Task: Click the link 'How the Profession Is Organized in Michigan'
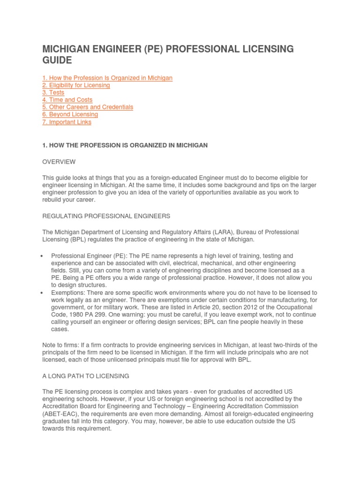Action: point(107,78)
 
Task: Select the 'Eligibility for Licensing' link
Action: point(76,85)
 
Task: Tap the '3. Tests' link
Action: point(53,93)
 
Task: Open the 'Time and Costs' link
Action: point(67,100)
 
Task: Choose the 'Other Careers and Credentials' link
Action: point(88,107)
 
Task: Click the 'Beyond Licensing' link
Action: point(70,114)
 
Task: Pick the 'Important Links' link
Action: point(67,122)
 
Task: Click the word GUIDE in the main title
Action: point(58,60)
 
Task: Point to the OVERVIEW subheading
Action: point(59,162)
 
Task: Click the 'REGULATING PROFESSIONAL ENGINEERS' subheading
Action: point(106,216)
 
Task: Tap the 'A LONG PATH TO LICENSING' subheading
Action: point(85,376)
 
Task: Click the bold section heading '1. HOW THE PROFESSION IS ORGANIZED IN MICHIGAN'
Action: point(125,146)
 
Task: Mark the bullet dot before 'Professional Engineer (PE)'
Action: point(43,256)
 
